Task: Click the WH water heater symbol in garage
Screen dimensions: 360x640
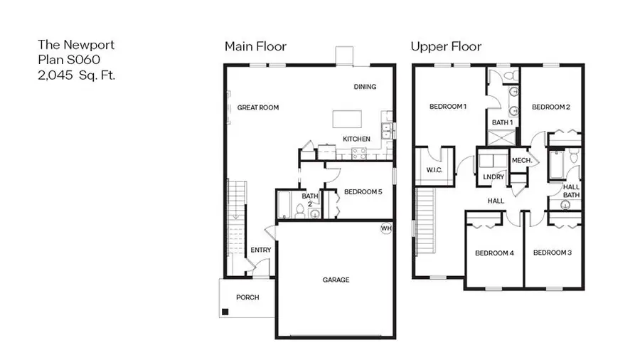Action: point(386,228)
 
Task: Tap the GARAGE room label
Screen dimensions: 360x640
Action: point(336,280)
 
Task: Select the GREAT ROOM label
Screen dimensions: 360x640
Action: point(257,108)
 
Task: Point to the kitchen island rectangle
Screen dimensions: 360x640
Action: point(350,119)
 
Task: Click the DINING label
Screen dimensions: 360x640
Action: point(365,87)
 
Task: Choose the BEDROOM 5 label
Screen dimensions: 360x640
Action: point(363,191)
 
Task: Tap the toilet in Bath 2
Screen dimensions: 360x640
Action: point(301,209)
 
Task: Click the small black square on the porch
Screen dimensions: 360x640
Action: point(225,311)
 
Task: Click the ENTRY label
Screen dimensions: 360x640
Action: point(260,250)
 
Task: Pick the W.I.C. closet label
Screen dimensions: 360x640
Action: point(434,170)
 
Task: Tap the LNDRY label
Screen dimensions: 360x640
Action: point(493,176)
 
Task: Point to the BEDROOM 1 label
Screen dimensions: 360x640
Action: point(448,107)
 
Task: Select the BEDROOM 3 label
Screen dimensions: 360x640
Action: point(552,253)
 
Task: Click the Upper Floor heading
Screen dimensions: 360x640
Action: point(446,47)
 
